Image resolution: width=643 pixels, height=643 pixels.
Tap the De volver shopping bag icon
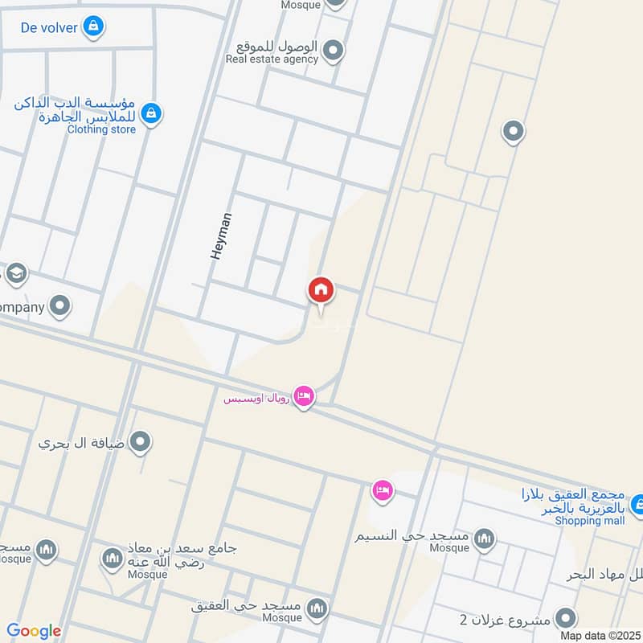[x=94, y=27]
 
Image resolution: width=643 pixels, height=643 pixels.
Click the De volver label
[x=49, y=28]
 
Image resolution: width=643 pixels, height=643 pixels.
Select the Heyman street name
[x=221, y=235]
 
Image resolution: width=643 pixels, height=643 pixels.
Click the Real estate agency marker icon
[x=334, y=53]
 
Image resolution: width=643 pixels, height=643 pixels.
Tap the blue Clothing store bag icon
[x=150, y=115]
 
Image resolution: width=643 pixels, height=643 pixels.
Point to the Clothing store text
[x=101, y=129]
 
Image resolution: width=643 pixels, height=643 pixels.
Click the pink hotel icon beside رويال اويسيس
[x=303, y=396]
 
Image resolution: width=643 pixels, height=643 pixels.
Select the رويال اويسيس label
[x=256, y=397]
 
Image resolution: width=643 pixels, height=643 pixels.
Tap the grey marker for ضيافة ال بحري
[x=141, y=441]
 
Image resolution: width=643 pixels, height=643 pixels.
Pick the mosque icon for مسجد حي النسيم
[x=484, y=539]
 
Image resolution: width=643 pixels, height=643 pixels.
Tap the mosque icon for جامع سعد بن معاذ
[x=112, y=557]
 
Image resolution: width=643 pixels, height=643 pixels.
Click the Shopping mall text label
[x=590, y=520]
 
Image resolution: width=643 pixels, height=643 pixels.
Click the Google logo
[x=34, y=631]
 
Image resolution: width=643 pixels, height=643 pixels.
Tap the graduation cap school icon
[x=16, y=275]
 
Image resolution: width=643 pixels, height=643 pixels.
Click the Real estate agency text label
[x=272, y=59]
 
